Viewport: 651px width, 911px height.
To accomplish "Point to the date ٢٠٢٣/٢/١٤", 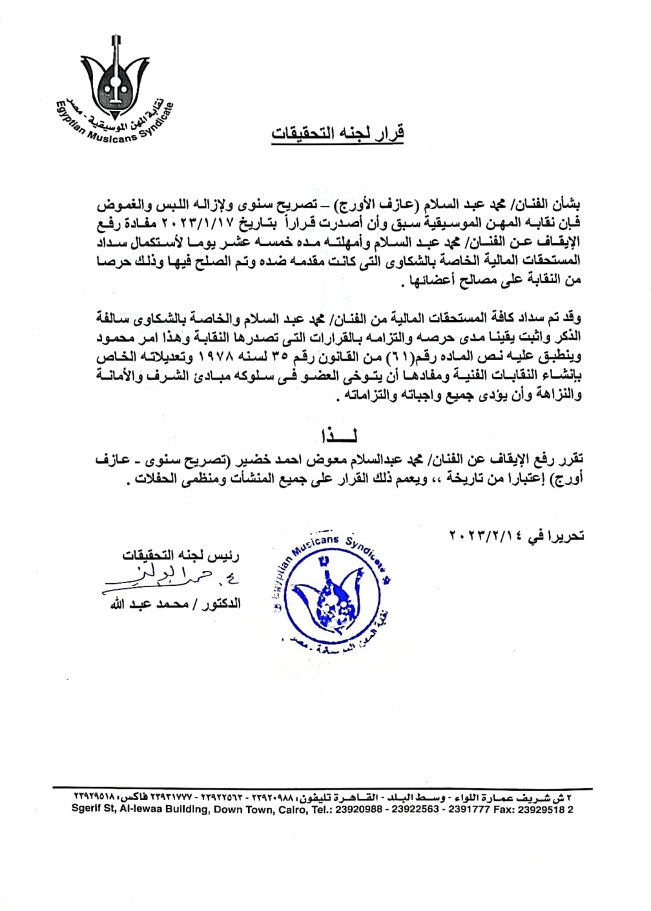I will coord(488,534).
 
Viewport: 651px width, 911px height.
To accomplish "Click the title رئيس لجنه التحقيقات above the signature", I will coord(181,556).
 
